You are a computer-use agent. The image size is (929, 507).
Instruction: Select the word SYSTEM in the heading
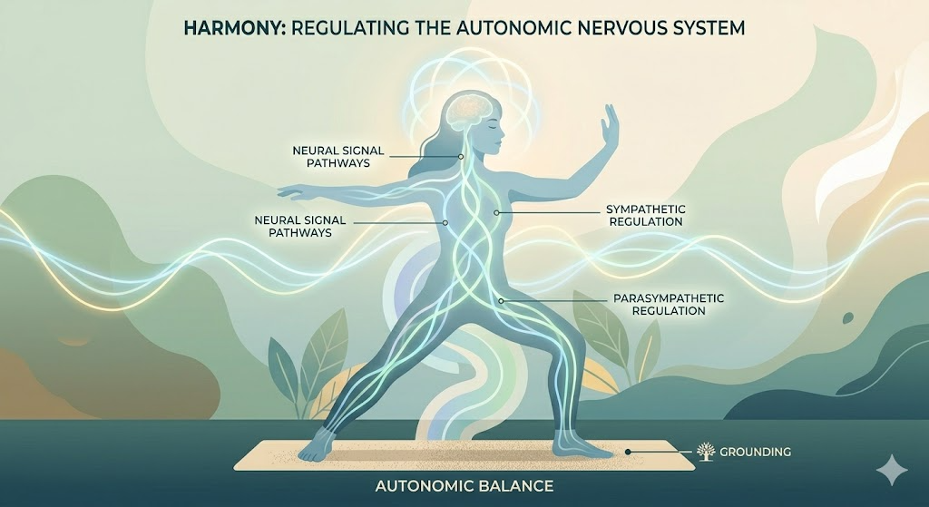pos(706,29)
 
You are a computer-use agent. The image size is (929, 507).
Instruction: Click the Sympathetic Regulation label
pos(643,215)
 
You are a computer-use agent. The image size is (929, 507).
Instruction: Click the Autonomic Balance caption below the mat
pos(464,486)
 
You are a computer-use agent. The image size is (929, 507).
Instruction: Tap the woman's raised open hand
pos(611,127)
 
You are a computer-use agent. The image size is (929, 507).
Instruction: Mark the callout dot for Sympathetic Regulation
pos(497,213)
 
